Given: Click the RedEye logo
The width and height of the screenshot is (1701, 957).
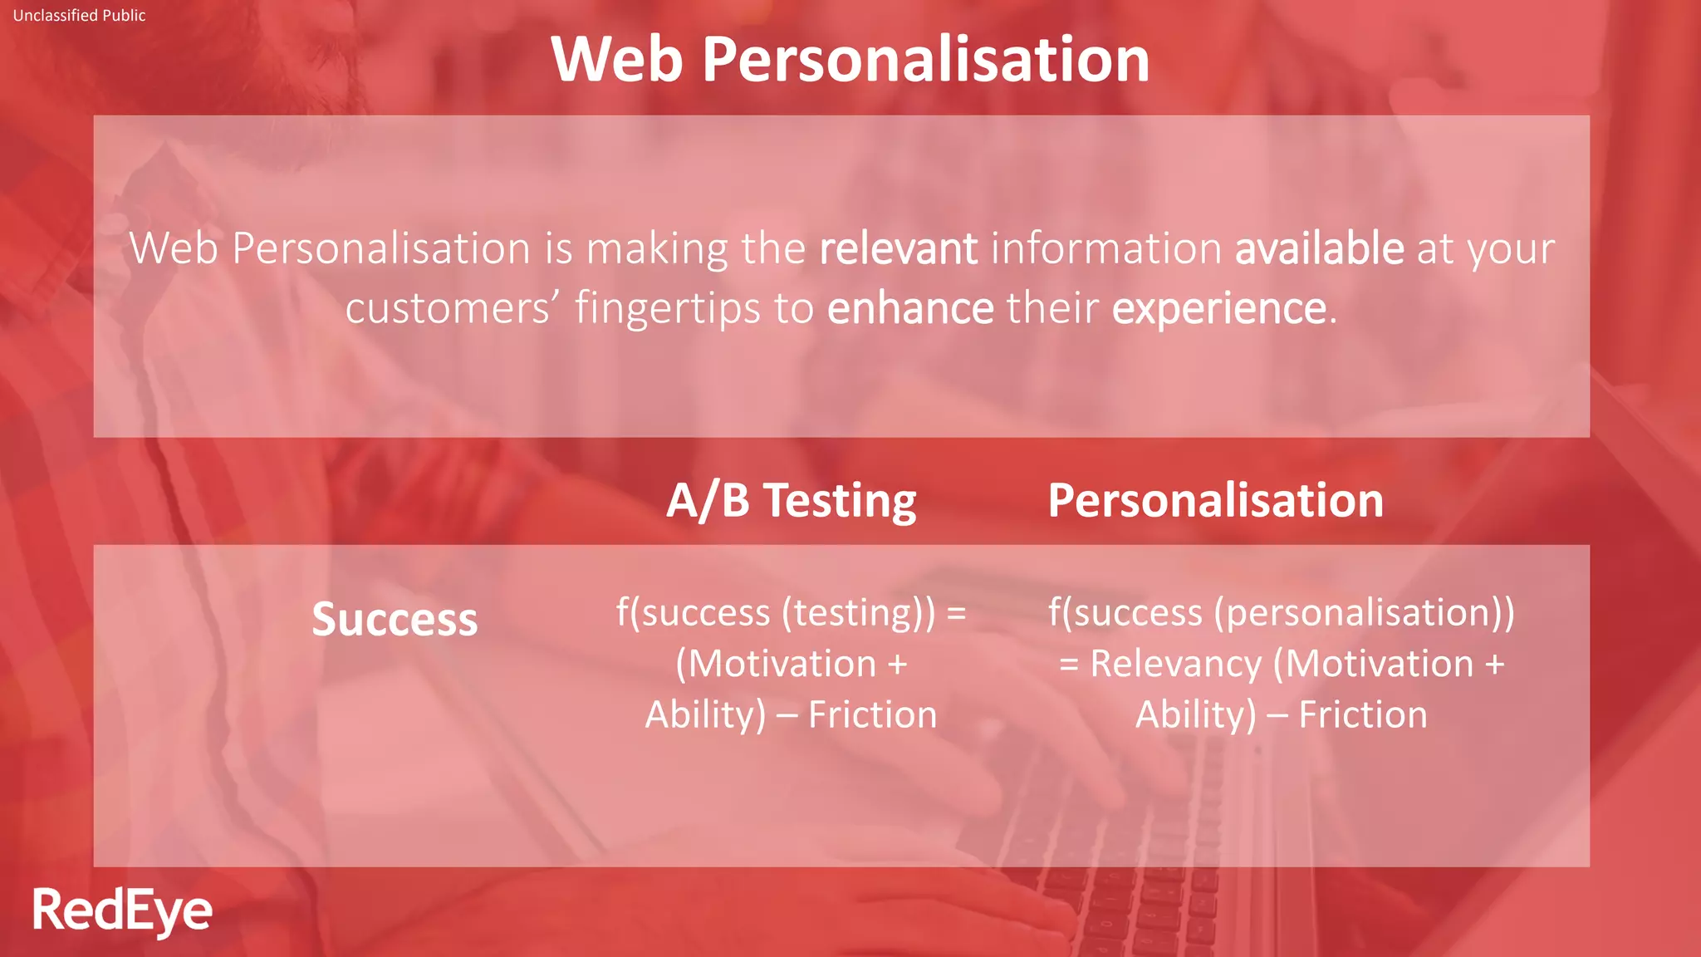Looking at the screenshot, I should click(x=122, y=910).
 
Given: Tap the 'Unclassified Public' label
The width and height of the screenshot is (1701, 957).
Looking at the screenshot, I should click(x=79, y=15).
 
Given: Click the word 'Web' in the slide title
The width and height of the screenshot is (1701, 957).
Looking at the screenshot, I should click(x=616, y=60).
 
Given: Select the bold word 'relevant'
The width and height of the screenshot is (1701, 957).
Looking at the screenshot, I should click(x=898, y=248).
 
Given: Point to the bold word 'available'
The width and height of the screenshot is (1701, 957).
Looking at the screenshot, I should click(x=1319, y=248).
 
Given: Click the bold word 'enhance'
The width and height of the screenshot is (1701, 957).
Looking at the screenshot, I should click(x=910, y=308).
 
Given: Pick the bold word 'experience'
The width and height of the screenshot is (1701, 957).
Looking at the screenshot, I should click(x=1219, y=308).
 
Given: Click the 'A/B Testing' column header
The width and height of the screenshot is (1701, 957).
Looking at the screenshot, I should click(x=791, y=500).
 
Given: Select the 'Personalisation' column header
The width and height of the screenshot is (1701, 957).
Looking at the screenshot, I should click(x=1215, y=500).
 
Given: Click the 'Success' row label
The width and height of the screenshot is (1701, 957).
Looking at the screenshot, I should click(x=395, y=619).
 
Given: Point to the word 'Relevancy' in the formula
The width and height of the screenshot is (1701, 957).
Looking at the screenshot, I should click(x=1175, y=664).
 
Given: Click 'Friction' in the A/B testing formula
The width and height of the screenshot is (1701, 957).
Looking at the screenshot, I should click(x=872, y=714).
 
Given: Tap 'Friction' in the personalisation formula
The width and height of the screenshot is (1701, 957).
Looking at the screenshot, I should click(x=1362, y=714).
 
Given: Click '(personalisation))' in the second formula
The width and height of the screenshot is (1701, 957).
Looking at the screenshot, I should click(x=1364, y=613).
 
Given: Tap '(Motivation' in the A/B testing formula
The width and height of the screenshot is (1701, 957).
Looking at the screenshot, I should click(x=776, y=664).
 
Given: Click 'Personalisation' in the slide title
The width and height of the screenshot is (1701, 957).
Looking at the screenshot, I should click(x=925, y=60).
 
